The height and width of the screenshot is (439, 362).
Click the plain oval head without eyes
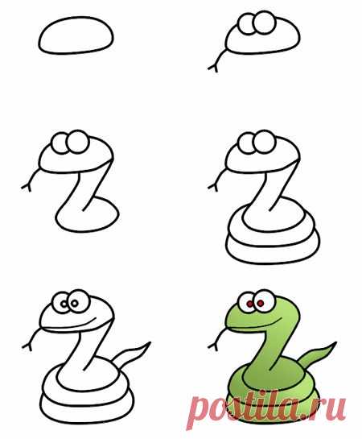[x=76, y=35]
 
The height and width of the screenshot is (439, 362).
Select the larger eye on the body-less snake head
[x=264, y=23]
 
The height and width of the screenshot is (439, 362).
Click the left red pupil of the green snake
[x=249, y=304]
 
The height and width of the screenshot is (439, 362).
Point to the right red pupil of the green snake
[x=261, y=303]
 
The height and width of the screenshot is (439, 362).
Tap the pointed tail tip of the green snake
[x=335, y=342]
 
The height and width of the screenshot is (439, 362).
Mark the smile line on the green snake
[x=254, y=325]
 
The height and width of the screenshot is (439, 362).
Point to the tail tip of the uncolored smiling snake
[x=150, y=342]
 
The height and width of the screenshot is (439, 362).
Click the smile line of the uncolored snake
[x=68, y=325]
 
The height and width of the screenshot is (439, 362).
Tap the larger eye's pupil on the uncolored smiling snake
[x=74, y=303]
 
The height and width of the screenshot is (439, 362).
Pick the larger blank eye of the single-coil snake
[x=78, y=142]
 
